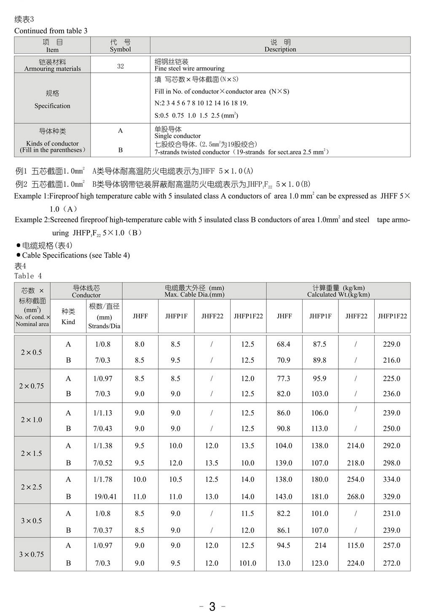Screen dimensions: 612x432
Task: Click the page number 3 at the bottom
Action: point(212,606)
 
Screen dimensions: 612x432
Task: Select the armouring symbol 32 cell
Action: point(121,66)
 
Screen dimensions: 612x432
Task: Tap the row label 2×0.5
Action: point(32,352)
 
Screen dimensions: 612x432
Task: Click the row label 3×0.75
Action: point(32,554)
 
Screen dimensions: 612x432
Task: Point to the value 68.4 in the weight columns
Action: point(284,344)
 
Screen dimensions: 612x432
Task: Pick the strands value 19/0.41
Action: point(105,497)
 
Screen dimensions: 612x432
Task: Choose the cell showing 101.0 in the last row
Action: point(248,563)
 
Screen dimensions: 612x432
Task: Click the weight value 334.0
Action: point(392,479)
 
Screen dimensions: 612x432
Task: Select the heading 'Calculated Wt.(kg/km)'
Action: point(338,295)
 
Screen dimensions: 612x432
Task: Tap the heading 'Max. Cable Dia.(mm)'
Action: point(194,295)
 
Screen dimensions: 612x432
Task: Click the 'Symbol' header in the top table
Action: point(121,49)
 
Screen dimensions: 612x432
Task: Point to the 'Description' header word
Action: point(280,49)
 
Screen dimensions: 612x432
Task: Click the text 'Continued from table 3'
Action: point(51,31)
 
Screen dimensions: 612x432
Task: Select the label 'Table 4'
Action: point(28,276)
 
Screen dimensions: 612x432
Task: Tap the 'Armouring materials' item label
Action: point(53,69)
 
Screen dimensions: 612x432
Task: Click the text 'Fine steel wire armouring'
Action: point(190,68)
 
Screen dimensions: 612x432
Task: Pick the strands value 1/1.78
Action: point(103,479)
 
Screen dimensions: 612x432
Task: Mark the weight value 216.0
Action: point(392,360)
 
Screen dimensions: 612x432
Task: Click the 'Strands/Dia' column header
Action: point(104,326)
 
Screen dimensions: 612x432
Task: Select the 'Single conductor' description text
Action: point(178,136)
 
